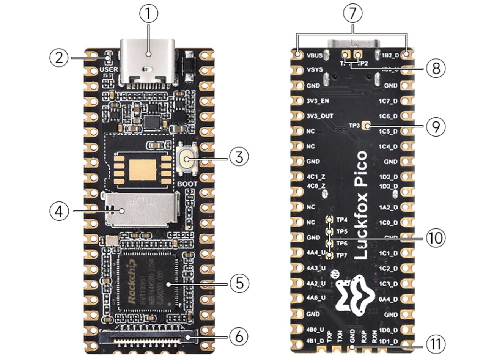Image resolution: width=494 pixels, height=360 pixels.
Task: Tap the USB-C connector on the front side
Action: (x=148, y=63)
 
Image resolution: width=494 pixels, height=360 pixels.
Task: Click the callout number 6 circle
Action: (x=239, y=336)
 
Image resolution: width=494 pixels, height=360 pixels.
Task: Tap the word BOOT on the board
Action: (x=187, y=184)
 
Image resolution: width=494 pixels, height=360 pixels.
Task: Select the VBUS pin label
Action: (x=314, y=55)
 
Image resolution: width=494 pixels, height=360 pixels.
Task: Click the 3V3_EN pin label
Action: (x=318, y=101)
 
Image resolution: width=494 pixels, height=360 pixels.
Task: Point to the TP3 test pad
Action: (x=367, y=126)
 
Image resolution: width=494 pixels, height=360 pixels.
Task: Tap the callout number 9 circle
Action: (x=436, y=126)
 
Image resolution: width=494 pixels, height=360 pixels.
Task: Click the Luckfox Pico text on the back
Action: (x=362, y=205)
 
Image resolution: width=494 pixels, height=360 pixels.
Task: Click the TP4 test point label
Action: (x=341, y=220)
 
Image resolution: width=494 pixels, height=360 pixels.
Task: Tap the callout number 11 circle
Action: (x=436, y=345)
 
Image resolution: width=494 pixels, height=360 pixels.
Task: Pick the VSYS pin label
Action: (x=315, y=70)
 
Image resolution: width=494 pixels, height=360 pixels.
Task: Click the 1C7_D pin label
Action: (x=388, y=101)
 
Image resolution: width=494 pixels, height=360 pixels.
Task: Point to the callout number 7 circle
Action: (x=353, y=14)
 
